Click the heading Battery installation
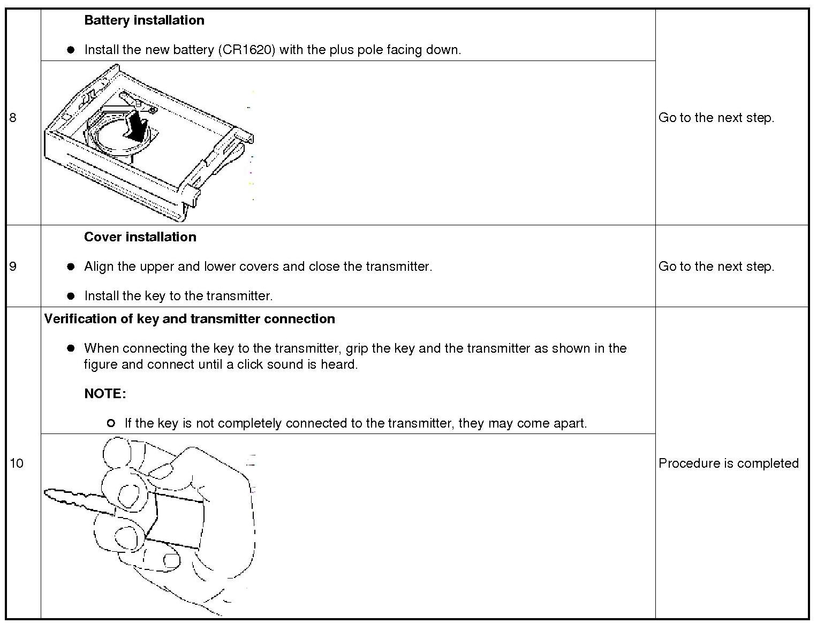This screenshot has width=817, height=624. (144, 20)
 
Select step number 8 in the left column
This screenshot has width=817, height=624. (13, 118)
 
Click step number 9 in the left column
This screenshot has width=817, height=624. (13, 267)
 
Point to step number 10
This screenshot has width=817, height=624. (17, 463)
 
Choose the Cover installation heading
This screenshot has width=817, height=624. (140, 237)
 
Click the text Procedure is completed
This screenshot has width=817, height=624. (728, 463)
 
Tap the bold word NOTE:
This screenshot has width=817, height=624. (105, 394)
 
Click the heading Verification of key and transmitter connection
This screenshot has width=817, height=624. (190, 319)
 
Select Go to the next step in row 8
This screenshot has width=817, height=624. (716, 118)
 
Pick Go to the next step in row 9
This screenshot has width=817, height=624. (716, 267)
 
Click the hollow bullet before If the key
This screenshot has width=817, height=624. (111, 423)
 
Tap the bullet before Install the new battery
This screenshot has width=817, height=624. (71, 50)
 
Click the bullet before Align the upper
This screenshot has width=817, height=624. (71, 267)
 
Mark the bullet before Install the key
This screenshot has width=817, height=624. (71, 296)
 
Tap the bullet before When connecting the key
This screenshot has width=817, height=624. (71, 348)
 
